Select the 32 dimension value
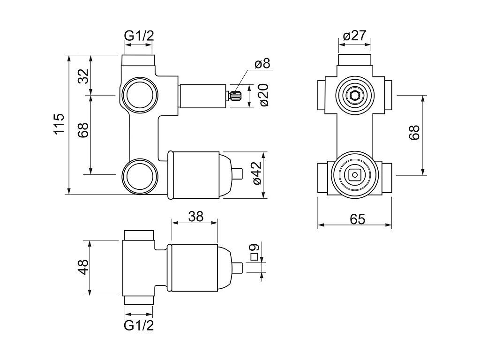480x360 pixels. [x=83, y=75]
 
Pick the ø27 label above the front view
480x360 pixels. [x=354, y=36]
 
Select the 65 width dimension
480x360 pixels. [x=354, y=218]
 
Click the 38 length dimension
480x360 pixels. [x=195, y=216]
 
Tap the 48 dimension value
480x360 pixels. [x=83, y=268]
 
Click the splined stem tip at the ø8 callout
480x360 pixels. [x=235, y=96]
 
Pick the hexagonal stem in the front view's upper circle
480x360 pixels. [x=354, y=96]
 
